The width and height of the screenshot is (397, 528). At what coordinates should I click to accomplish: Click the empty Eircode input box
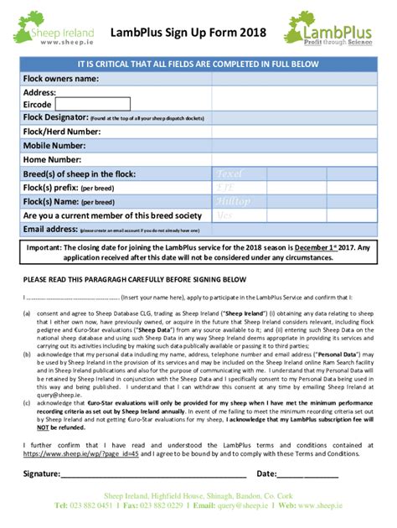pos(92,104)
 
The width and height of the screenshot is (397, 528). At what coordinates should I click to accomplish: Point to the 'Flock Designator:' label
pos(54,117)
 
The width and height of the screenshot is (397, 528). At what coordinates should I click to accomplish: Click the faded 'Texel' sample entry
pos(229,173)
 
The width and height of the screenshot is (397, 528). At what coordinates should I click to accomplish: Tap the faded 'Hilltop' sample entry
pos(232,201)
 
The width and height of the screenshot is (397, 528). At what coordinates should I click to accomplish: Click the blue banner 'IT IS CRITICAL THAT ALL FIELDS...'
pos(198,64)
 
